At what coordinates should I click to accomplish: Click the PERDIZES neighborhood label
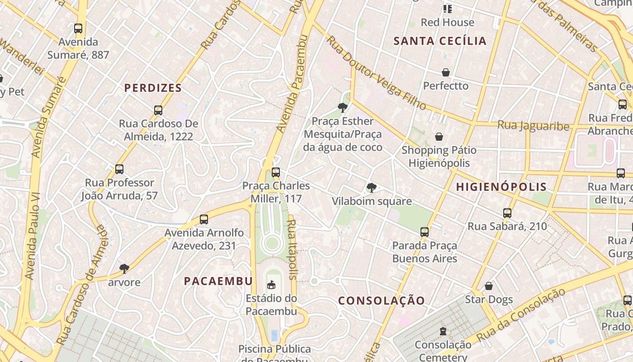(x=153, y=88)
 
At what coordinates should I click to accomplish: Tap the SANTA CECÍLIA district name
(x=440, y=41)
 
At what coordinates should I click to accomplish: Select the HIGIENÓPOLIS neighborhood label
(x=501, y=187)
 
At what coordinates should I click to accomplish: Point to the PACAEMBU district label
(x=218, y=281)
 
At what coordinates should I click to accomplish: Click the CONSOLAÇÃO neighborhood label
(x=382, y=301)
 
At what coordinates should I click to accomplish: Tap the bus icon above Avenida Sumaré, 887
(x=78, y=29)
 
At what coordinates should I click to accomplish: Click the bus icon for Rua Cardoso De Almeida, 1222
(x=158, y=110)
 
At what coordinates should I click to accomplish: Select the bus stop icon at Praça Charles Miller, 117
(x=275, y=172)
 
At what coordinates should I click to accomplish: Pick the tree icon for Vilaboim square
(x=371, y=187)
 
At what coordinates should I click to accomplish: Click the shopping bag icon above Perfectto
(x=446, y=72)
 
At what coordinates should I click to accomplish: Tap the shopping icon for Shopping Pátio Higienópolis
(x=439, y=137)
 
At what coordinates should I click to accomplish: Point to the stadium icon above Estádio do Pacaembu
(x=271, y=285)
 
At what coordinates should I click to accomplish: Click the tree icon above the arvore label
(x=124, y=269)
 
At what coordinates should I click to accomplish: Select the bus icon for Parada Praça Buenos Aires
(x=424, y=232)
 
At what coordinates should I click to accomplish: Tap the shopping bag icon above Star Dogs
(x=488, y=286)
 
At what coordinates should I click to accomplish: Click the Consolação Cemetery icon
(x=443, y=331)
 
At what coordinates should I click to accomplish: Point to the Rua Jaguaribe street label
(x=533, y=125)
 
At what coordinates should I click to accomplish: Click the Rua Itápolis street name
(x=293, y=249)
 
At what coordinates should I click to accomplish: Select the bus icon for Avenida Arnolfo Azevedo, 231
(x=204, y=219)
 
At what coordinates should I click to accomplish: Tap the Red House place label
(x=447, y=22)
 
